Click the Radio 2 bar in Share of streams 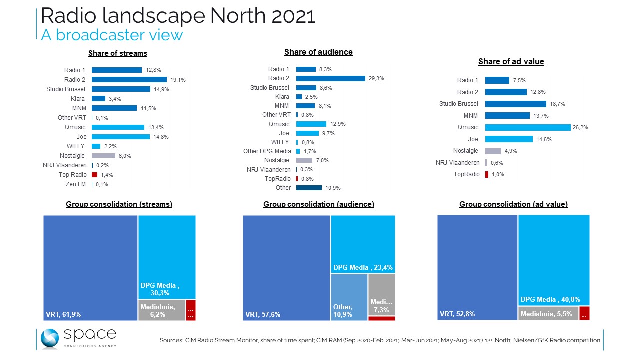click(129, 80)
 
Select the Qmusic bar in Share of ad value click(527, 127)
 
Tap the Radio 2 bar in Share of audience click(330, 78)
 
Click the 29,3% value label click(376, 78)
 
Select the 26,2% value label click(581, 127)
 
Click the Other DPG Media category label click(267, 151)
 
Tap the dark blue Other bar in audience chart click(309, 188)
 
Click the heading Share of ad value click(511, 62)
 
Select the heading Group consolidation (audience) click(319, 204)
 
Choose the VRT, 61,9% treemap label click(63, 314)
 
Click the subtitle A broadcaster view click(112, 35)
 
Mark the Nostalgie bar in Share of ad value click(493, 151)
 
